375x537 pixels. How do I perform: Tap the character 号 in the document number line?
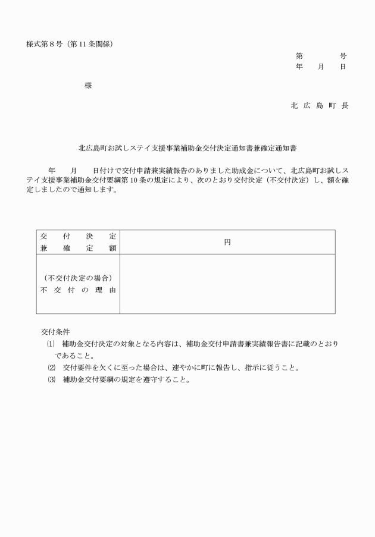click(343, 56)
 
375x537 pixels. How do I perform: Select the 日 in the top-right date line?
click(343, 67)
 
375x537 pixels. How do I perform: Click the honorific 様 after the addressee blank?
click(88, 86)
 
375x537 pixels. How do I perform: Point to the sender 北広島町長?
click(319, 105)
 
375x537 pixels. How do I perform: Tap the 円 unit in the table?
click(227, 242)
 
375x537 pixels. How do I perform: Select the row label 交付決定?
click(78, 236)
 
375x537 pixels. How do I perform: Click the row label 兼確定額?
click(78, 248)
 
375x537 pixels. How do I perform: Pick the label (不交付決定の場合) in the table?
click(78, 278)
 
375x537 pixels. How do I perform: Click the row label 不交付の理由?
click(78, 290)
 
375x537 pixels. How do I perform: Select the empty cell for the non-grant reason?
click(227, 284)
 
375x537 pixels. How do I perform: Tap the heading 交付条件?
click(55, 332)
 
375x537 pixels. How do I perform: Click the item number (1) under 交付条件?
click(51, 344)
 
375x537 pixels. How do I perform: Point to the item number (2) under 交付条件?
click(51, 368)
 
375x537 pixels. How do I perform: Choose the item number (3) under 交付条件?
click(51, 379)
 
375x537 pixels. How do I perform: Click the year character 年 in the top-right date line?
click(299, 67)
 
